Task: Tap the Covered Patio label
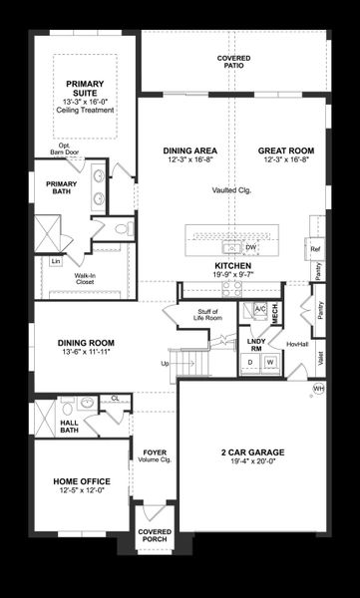(234, 64)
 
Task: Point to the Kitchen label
(234, 266)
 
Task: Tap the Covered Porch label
(155, 536)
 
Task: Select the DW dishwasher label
(251, 247)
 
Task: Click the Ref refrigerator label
(315, 248)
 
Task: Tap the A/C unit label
(259, 308)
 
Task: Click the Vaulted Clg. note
(231, 190)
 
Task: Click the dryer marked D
(250, 361)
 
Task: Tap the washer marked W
(268, 361)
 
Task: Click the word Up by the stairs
(166, 363)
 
